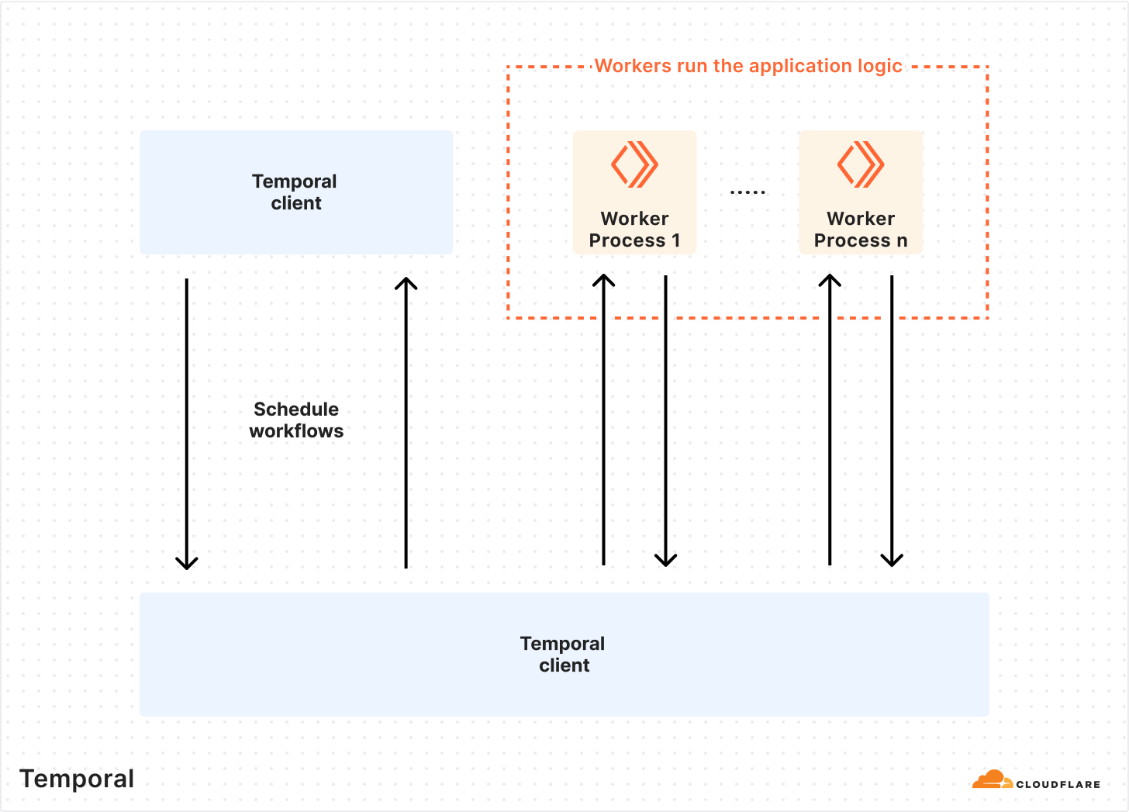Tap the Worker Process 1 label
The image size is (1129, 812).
click(x=634, y=230)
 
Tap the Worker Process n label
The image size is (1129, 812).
click(x=860, y=230)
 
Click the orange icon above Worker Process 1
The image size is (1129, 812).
click(x=634, y=164)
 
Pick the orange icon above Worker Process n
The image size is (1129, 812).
click(x=861, y=164)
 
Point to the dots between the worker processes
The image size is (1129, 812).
click(x=747, y=192)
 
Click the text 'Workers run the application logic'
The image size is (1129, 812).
click(x=747, y=66)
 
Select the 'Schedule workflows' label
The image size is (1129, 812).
click(x=296, y=420)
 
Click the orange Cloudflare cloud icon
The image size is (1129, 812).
click(x=992, y=779)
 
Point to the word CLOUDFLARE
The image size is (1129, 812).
click(x=1058, y=784)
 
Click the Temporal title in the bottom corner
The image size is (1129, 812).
click(x=77, y=779)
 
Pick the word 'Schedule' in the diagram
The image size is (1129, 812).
click(x=296, y=409)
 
